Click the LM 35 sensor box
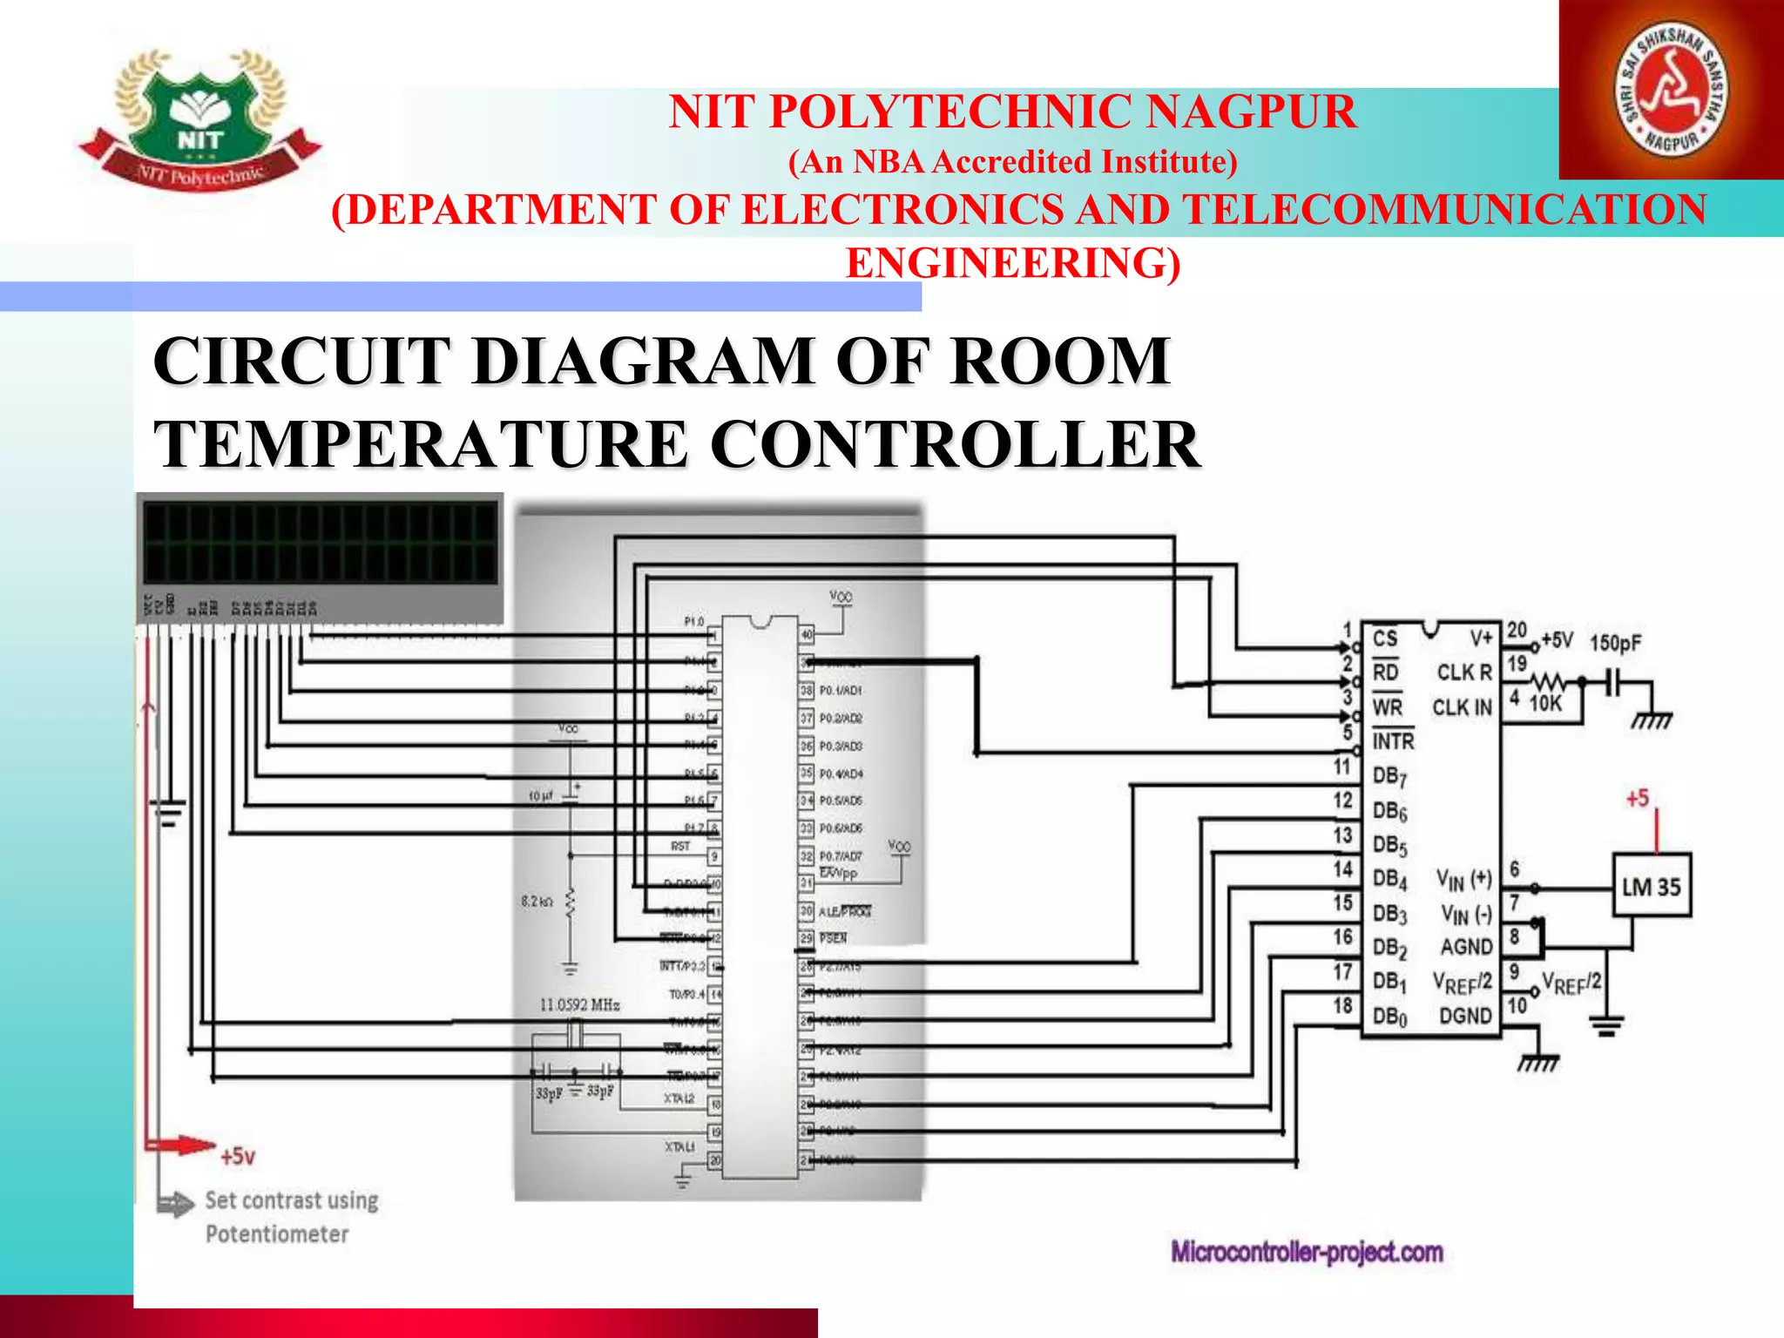[x=1651, y=886]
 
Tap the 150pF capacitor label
[x=1615, y=644]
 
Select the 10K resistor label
[x=1545, y=703]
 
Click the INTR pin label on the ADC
[x=1393, y=741]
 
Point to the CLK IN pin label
[x=1462, y=707]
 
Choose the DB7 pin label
[x=1389, y=776]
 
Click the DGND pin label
[x=1465, y=1016]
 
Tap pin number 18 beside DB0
[x=1342, y=1005]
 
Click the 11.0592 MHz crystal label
[x=579, y=1005]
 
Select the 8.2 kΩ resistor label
[x=537, y=902]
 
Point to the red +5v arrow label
[x=237, y=1157]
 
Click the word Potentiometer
[x=277, y=1234]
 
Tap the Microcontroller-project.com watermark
[x=1307, y=1253]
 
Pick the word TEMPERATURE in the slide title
[x=422, y=444]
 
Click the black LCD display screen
[x=320, y=542]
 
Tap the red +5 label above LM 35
[x=1637, y=798]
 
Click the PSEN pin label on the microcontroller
[x=833, y=938]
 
